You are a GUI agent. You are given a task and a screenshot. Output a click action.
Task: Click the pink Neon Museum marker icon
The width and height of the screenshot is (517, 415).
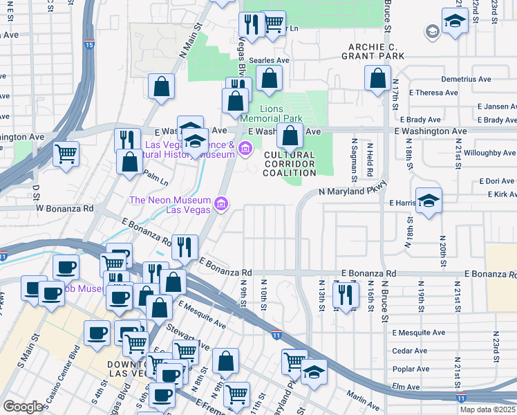(x=220, y=203)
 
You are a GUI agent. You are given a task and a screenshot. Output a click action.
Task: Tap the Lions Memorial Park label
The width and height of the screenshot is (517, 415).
(x=281, y=114)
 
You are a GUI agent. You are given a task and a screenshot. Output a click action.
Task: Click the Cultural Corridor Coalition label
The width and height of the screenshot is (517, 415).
(x=289, y=164)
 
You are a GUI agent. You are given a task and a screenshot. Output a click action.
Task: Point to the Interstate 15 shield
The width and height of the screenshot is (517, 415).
(x=89, y=44)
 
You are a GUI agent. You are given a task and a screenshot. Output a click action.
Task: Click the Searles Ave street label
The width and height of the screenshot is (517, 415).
(x=269, y=61)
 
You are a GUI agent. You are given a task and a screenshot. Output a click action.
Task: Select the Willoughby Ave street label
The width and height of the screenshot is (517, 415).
(x=488, y=153)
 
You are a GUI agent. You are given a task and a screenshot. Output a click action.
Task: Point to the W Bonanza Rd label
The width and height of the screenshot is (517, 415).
(x=64, y=208)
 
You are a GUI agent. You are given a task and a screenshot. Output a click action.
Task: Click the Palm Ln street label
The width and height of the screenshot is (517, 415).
(x=156, y=183)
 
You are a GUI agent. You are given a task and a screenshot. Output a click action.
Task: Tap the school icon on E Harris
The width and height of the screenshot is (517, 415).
(x=429, y=200)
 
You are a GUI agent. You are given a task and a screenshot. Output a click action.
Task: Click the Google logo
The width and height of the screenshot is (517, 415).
(x=23, y=407)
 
